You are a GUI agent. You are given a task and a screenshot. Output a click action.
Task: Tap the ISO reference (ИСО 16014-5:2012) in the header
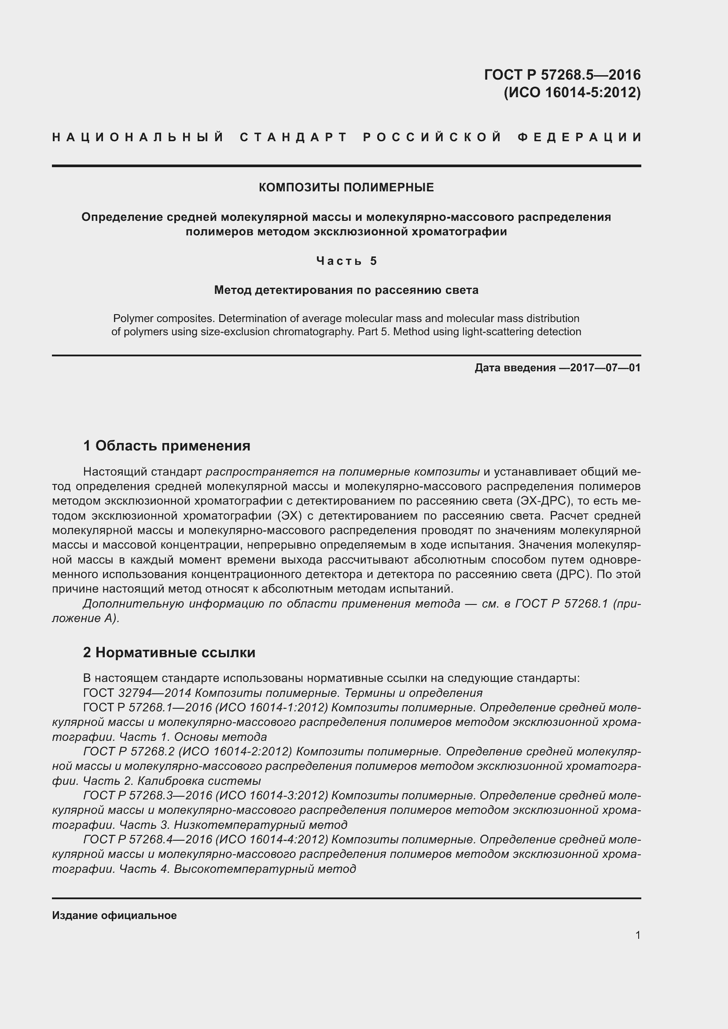coord(572,92)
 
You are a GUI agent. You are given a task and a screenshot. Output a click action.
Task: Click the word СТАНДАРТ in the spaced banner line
coord(294,137)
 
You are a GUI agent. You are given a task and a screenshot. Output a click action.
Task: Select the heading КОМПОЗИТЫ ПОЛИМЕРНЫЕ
coord(346,187)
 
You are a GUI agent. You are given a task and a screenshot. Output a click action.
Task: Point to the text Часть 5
coord(346,261)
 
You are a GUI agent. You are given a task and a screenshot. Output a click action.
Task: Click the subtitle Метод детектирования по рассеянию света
coord(346,290)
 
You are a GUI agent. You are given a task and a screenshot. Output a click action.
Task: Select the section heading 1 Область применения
coord(166,446)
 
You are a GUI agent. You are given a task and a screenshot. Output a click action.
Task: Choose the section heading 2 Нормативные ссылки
coord(169,652)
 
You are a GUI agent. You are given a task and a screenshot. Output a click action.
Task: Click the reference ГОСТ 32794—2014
coord(139,693)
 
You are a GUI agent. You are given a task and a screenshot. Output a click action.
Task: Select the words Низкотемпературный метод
coord(261,824)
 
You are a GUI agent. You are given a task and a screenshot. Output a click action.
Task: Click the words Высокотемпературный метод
coord(265,868)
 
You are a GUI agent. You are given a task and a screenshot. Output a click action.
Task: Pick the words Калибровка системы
coord(199,781)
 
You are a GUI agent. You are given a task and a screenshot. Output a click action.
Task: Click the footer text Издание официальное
coord(114,915)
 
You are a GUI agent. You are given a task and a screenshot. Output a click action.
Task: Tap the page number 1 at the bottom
coord(637,935)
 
